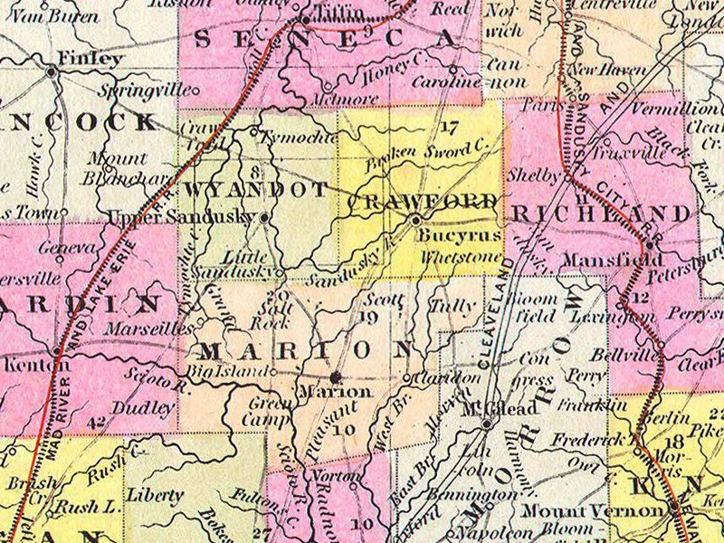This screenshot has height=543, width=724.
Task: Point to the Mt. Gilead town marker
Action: [x=487, y=423]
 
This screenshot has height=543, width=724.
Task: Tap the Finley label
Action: [x=89, y=59]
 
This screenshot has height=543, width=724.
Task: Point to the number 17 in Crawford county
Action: [x=450, y=128]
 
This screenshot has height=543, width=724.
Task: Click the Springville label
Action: [x=148, y=90]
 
